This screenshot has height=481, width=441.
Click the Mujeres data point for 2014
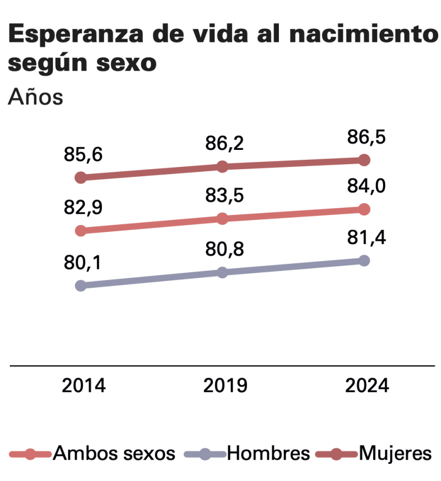coord(80,177)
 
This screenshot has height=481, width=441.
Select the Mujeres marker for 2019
coord(222,166)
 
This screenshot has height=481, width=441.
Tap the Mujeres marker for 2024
coord(364,160)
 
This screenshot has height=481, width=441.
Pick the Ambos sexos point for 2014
coord(80,230)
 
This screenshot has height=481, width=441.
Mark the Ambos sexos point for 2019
coord(222,219)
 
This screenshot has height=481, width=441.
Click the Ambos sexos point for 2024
coord(364,209)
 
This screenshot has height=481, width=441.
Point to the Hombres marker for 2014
coord(80,285)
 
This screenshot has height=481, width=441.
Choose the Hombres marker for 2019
coord(222,272)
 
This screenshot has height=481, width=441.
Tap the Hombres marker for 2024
coord(364,261)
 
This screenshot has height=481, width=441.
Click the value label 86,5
coord(366,137)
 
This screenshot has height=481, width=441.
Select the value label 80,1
coord(82,263)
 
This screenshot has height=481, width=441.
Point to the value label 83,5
coord(224,196)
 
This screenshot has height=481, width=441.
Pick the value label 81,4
coord(367,237)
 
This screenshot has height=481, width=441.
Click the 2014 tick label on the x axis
coord(83,386)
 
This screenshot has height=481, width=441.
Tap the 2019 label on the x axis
coord(225,386)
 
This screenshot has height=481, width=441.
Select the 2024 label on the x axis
coord(367,386)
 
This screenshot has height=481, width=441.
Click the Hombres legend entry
coord(247,453)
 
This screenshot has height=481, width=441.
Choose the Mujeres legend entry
coord(374,454)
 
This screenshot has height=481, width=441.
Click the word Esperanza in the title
coord(76,34)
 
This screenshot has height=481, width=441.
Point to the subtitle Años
coord(36,97)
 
